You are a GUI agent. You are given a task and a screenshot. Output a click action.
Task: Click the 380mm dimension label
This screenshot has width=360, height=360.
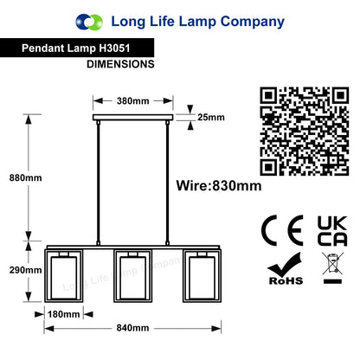133,101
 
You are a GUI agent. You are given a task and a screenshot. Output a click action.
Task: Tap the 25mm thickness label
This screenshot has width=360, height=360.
211,118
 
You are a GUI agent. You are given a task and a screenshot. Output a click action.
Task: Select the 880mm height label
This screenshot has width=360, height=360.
25,177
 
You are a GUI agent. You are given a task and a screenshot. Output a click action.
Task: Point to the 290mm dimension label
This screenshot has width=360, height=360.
25,270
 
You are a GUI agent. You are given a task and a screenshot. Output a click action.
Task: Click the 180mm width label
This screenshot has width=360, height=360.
63,314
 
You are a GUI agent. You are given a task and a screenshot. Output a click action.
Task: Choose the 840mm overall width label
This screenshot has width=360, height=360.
132,328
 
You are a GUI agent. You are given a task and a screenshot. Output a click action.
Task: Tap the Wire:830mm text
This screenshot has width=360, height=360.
219,186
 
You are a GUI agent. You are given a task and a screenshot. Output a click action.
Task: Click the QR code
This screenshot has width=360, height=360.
305,132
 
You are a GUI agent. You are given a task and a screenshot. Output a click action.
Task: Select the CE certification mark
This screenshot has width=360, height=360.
282,230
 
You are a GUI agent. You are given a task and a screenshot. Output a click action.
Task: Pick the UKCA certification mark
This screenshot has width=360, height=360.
332,231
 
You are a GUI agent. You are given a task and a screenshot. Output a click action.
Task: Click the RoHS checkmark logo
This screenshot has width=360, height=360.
286,269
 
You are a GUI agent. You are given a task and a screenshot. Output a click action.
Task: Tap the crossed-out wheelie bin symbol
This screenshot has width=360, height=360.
332,267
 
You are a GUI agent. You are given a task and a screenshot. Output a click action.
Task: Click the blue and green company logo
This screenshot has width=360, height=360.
89,22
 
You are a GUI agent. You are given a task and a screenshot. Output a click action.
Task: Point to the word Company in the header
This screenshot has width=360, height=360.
253,22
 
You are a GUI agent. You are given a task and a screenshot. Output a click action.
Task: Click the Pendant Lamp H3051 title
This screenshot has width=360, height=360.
76,48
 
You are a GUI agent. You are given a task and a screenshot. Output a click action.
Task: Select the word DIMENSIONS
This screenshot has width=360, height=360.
120,64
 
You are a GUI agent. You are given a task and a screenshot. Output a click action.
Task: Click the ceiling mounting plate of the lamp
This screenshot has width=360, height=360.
133,118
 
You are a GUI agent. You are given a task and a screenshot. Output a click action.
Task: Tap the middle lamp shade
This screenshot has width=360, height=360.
132,276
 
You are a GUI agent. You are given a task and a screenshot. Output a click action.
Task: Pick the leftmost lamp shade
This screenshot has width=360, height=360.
64,276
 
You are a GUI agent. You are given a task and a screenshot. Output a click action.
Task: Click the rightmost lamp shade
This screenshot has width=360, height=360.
202,276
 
